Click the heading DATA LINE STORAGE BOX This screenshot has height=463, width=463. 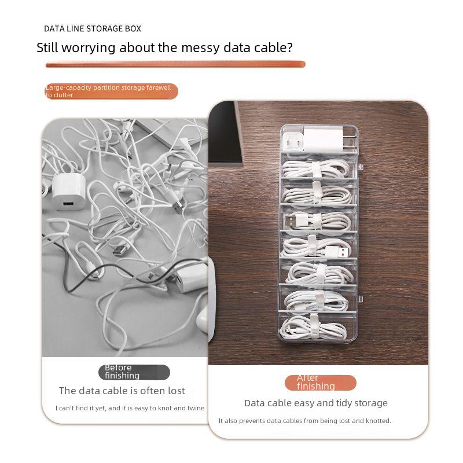click(93, 28)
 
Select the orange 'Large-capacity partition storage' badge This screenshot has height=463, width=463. click(111, 91)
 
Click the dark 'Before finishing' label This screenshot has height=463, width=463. click(134, 372)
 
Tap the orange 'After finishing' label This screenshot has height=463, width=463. click(320, 383)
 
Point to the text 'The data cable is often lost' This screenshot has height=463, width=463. click(122, 391)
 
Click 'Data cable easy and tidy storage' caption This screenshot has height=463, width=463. click(316, 403)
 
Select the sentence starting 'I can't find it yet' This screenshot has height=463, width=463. click(130, 408)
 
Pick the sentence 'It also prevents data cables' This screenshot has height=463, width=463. click(305, 421)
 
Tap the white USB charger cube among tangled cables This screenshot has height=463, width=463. click(69, 190)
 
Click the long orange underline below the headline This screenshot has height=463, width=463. click(175, 64)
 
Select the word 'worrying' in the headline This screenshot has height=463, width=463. click(87, 48)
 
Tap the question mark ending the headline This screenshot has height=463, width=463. click(289, 48)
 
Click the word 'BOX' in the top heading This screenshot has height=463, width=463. click(133, 28)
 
